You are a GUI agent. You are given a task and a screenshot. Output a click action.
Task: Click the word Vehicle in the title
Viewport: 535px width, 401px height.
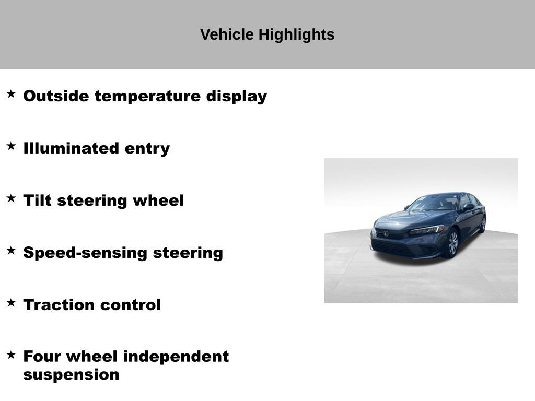point(227,34)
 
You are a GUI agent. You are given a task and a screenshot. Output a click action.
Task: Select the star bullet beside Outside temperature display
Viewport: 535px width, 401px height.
point(11,93)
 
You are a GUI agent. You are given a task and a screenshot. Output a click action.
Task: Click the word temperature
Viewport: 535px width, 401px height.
point(147,96)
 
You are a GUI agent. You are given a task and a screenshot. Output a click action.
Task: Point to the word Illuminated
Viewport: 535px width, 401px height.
point(71,148)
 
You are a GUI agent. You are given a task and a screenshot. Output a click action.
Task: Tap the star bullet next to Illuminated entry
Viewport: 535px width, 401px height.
point(11,146)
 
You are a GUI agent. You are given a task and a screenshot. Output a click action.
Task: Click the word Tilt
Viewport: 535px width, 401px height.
point(37,200)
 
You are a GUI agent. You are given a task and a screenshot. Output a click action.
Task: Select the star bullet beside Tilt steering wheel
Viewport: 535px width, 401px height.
point(11,198)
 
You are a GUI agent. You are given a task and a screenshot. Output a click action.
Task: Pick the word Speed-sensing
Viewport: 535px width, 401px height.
point(85,253)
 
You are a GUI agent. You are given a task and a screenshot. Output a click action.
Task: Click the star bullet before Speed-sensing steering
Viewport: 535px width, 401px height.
point(11,250)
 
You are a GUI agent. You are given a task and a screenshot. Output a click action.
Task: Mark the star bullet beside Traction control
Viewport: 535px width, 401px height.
point(11,302)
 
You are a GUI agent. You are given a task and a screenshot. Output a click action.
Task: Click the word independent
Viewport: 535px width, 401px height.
point(176,357)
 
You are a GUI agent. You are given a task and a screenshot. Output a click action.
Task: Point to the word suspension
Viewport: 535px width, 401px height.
point(71,375)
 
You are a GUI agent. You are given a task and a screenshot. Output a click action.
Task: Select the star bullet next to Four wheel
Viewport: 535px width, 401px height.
point(11,355)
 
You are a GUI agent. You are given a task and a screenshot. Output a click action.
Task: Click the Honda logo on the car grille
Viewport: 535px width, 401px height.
point(386,233)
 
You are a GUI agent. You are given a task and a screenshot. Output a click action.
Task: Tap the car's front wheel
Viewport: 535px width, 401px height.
point(452,243)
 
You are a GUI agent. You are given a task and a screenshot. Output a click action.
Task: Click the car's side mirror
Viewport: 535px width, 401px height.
point(468,207)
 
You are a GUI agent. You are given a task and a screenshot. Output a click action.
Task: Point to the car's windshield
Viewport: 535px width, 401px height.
point(433,203)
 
